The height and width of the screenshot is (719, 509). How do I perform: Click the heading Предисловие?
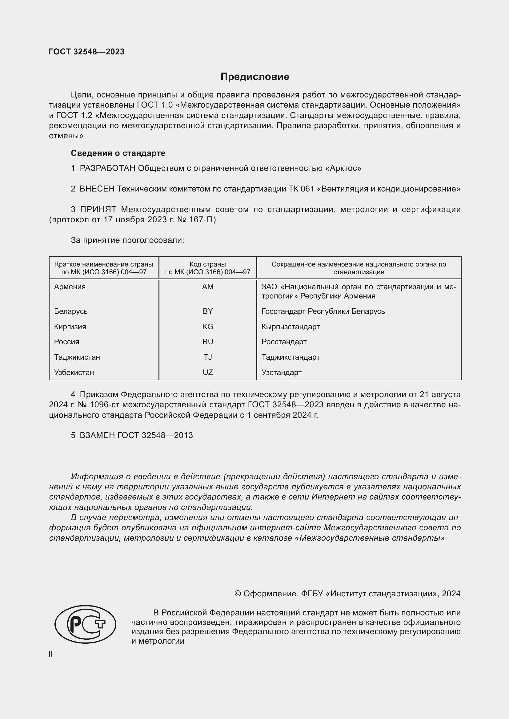pos(254,77)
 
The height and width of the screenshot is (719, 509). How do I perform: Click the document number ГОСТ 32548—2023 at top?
pos(86,52)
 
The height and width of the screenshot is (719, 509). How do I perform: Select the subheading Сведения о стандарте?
pos(118,153)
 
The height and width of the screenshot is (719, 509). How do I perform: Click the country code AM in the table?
pos(207,287)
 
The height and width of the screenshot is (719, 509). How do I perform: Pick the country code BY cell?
pos(207,311)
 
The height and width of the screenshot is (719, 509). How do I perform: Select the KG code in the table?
pos(207,327)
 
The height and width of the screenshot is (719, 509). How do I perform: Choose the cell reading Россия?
pos(66,342)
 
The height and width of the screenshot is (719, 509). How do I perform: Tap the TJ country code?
pos(207,357)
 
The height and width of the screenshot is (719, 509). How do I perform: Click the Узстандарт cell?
pos(282,372)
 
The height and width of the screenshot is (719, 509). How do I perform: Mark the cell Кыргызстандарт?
pos(291,327)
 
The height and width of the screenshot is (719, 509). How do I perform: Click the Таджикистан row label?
pos(77,357)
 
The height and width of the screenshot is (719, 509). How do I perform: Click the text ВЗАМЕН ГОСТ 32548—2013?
pos(136,435)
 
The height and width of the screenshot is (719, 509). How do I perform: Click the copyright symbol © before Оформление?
pos(238,593)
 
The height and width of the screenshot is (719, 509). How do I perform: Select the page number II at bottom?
pos(50,654)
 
